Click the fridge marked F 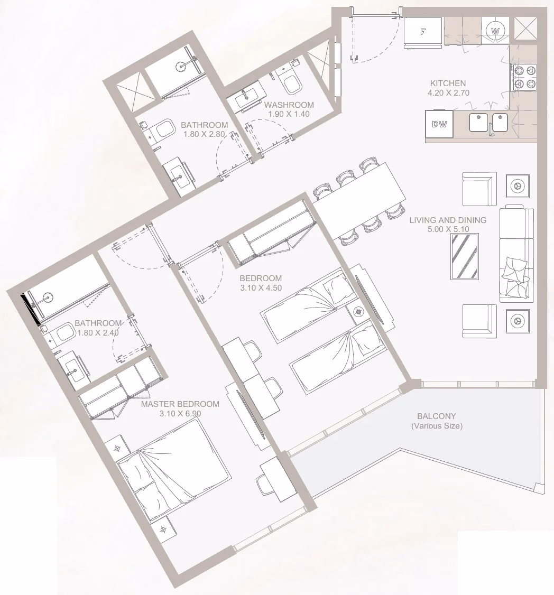(x=422, y=32)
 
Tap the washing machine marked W (x=495, y=31)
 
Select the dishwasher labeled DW (x=439, y=124)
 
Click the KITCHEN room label (x=448, y=83)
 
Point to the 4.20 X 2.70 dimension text (x=448, y=93)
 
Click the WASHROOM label (x=289, y=105)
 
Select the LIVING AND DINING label (x=448, y=220)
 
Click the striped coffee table (x=464, y=256)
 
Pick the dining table (x=359, y=201)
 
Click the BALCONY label (x=437, y=416)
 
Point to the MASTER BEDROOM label (x=180, y=404)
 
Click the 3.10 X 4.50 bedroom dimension (x=261, y=288)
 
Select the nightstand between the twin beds (x=358, y=312)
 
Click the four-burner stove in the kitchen (x=524, y=77)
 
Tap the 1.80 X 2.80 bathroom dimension (x=204, y=134)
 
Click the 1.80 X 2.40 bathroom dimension (x=98, y=333)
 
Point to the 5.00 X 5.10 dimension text (x=448, y=229)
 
